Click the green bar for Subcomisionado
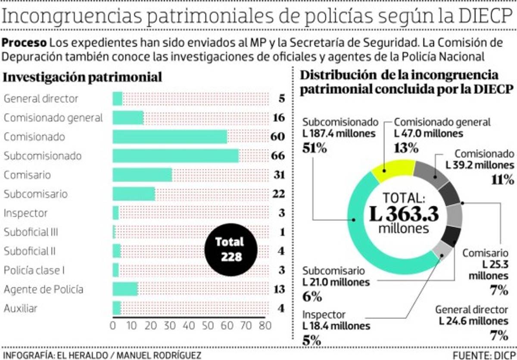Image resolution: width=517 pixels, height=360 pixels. coord(176,155)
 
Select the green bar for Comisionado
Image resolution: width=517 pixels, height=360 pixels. coord(170,137)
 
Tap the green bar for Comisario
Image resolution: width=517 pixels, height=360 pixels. coord(142,175)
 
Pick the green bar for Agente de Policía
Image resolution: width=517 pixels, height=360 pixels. coord(125,289)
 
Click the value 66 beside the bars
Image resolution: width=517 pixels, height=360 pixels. coord(278,155)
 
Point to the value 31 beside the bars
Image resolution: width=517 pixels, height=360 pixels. coord(278,175)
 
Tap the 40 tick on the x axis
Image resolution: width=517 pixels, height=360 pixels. coord(189,326)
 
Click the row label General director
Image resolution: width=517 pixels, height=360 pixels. coord(41,99)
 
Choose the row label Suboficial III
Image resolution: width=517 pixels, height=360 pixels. coord(31,232)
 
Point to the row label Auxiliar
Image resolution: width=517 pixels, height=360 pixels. coord(20,308)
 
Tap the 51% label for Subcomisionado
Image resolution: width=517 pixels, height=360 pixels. coord(315,148)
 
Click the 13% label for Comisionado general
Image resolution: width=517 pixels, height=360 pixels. coord(406,148)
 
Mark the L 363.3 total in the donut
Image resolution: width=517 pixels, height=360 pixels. coord(404,214)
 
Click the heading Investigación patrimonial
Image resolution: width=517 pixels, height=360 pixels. coord(83,77)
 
